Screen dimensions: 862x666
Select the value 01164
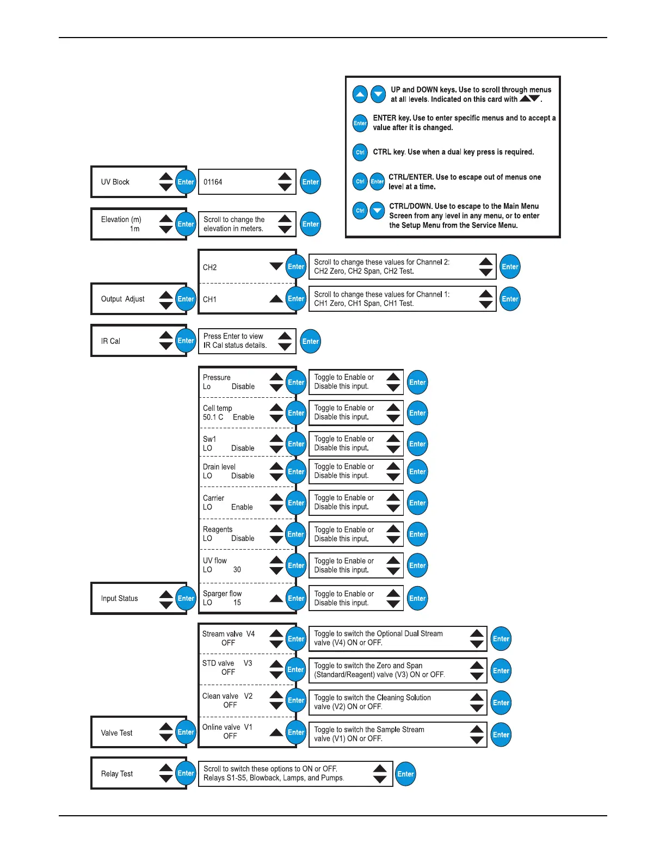(213, 182)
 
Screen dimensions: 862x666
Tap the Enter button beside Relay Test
(186, 773)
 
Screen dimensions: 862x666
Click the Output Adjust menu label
(122, 299)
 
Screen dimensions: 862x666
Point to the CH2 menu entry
(210, 267)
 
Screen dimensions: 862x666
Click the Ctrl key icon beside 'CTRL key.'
(360, 152)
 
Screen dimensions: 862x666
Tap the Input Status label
(119, 598)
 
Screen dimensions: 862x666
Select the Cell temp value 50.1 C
(213, 417)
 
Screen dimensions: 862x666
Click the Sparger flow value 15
(237, 602)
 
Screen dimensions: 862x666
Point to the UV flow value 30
(237, 570)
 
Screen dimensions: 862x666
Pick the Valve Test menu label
(116, 733)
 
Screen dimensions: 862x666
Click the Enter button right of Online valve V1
(296, 732)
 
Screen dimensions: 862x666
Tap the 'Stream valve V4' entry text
(228, 634)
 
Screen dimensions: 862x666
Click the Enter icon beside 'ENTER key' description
(360, 123)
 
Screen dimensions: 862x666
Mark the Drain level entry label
(219, 467)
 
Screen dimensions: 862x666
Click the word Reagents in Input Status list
(218, 529)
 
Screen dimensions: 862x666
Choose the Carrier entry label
(213, 498)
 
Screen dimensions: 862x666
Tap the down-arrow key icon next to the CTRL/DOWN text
(378, 211)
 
